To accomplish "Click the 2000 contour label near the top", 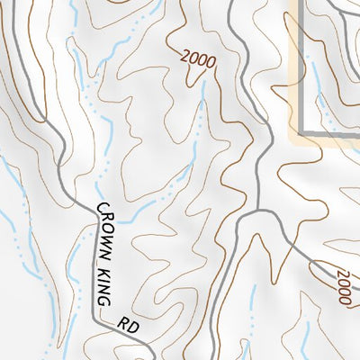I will tap(198, 60).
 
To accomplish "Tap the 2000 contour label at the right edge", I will tap(343, 286).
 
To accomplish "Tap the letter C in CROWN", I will tap(100, 209).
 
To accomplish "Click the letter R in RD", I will tap(120, 316).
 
